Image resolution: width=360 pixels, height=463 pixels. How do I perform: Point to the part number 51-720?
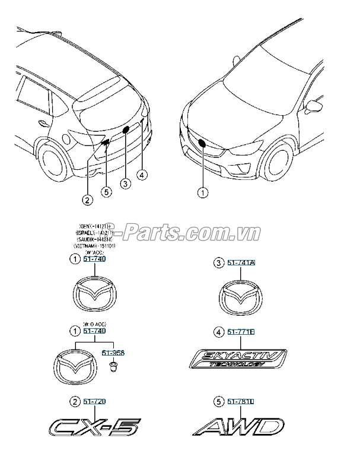tap(95, 402)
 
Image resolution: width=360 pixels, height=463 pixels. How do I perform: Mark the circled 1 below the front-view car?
tap(203, 191)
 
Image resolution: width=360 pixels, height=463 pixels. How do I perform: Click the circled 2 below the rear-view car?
tap(87, 200)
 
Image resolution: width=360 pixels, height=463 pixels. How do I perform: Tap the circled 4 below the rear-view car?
tap(142, 175)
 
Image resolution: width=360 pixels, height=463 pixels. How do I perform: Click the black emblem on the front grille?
tap(202, 142)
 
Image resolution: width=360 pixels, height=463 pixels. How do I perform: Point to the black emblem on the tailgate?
tap(126, 129)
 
